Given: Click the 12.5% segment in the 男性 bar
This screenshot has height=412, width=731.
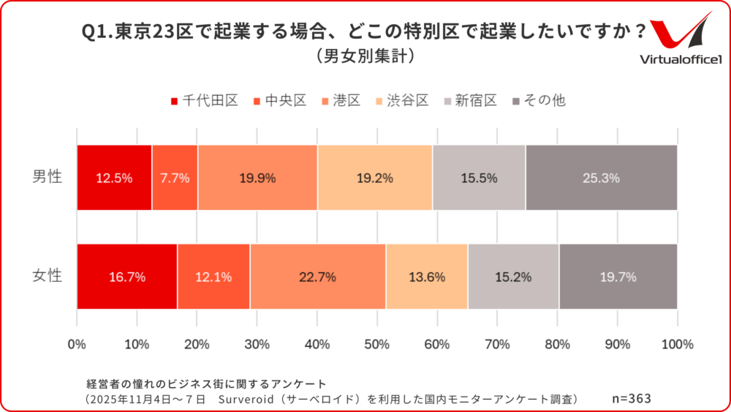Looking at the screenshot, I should (x=114, y=178).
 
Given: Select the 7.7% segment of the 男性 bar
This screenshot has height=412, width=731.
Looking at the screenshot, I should (x=175, y=178).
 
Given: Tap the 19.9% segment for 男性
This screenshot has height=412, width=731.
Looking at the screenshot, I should (x=257, y=178).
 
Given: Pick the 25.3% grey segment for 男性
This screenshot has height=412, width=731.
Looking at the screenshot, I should (x=601, y=178).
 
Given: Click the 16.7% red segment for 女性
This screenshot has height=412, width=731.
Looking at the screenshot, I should (x=126, y=277).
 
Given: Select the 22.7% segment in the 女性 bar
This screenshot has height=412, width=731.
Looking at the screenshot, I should (x=317, y=277).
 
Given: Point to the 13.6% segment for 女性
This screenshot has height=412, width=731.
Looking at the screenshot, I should (x=426, y=277).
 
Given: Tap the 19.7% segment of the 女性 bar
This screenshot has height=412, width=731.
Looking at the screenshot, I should (x=618, y=277).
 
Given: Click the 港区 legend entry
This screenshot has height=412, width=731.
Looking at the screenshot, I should (x=340, y=101).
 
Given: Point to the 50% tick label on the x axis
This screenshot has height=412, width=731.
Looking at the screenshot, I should (x=377, y=344).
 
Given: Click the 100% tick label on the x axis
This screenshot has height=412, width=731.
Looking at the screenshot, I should (x=676, y=344).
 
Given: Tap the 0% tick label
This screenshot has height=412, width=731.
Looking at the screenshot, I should (x=77, y=344).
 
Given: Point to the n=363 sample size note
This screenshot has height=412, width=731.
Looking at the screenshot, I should (x=631, y=399).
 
